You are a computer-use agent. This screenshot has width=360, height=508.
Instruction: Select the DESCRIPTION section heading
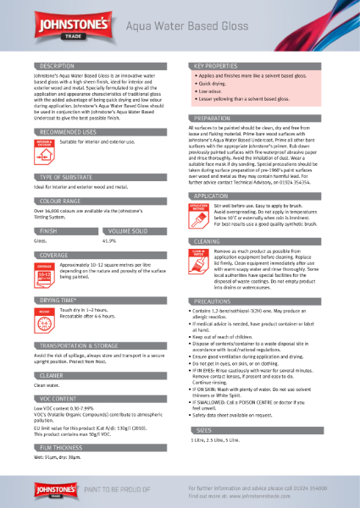[x=58, y=65]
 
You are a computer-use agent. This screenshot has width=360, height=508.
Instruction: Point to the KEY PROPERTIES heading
[x=221, y=65]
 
